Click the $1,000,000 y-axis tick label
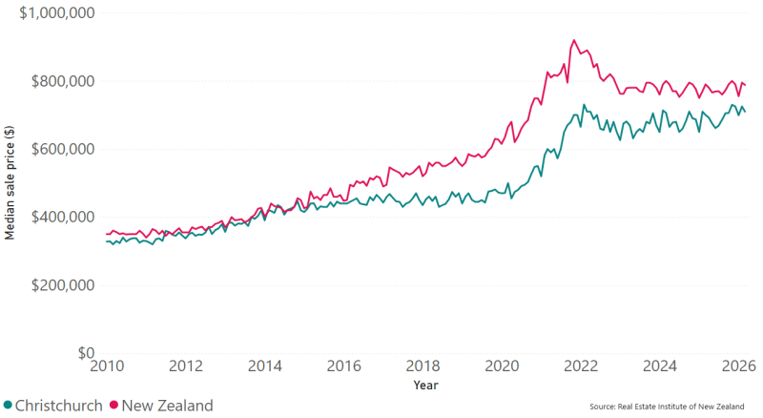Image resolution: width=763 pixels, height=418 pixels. pyautogui.click(x=57, y=12)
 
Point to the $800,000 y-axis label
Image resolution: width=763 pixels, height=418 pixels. pyautogui.click(x=63, y=81)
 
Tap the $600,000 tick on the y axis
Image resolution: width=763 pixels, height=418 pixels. pyautogui.click(x=63, y=149)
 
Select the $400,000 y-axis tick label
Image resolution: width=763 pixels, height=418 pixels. pyautogui.click(x=63, y=217)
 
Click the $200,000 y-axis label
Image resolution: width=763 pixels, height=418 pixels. pyautogui.click(x=63, y=285)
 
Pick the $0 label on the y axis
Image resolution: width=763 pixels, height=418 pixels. pyautogui.click(x=86, y=353)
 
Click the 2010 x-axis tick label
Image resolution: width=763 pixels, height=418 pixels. pyautogui.click(x=107, y=366)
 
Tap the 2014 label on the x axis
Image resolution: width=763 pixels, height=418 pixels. pyautogui.click(x=265, y=366)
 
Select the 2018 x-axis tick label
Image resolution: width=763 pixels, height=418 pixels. pyautogui.click(x=423, y=366)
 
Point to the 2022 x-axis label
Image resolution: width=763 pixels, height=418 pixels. pyautogui.click(x=581, y=366)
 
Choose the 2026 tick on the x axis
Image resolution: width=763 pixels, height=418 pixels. pyautogui.click(x=738, y=366)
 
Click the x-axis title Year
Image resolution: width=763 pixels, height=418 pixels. pyautogui.click(x=425, y=386)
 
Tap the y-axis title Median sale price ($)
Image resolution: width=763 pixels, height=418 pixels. pyautogui.click(x=10, y=182)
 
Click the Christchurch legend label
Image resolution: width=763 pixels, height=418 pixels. pyautogui.click(x=59, y=406)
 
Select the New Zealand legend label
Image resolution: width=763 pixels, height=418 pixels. pyautogui.click(x=168, y=406)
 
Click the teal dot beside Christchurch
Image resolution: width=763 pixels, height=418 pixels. pyautogui.click(x=8, y=405)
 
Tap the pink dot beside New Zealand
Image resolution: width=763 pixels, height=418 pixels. pyautogui.click(x=113, y=405)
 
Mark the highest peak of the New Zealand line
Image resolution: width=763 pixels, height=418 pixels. pyautogui.click(x=574, y=40)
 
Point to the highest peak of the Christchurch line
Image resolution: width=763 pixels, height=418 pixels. pyautogui.click(x=585, y=104)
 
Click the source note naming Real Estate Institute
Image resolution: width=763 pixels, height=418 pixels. pyautogui.click(x=667, y=407)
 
